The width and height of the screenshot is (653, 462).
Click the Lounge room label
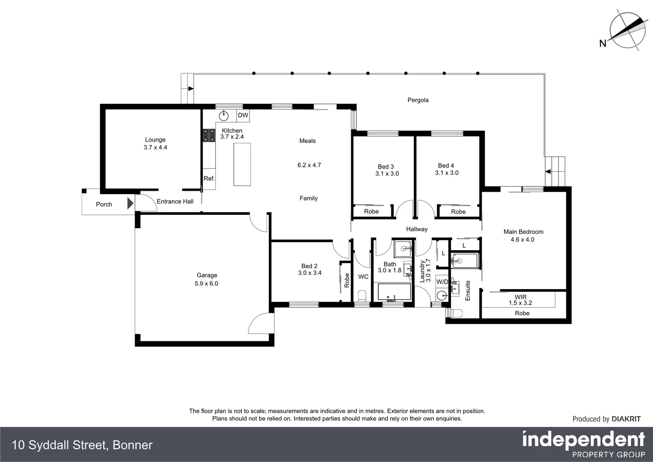click(x=155, y=140)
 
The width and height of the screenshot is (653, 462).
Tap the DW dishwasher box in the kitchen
click(x=243, y=115)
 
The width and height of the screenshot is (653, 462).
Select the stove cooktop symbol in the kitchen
click(x=209, y=135)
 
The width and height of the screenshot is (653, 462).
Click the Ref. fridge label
click(x=209, y=179)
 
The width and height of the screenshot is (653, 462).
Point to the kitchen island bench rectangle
click(x=242, y=164)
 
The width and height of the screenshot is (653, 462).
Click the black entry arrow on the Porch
click(x=130, y=203)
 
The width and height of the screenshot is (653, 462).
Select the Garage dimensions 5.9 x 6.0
click(x=206, y=284)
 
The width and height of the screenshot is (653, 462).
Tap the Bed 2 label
click(x=309, y=266)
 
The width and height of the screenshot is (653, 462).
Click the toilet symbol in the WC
click(x=362, y=296)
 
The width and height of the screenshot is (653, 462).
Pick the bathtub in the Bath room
click(x=394, y=293)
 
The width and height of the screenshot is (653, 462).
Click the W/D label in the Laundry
click(x=442, y=282)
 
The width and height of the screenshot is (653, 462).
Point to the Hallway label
click(x=417, y=229)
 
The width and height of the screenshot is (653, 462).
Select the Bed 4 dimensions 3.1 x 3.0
click(x=447, y=173)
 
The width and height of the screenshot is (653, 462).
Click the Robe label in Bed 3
click(x=371, y=211)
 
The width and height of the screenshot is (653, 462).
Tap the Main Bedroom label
click(x=523, y=232)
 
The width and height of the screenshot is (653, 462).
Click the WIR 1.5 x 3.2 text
click(x=520, y=300)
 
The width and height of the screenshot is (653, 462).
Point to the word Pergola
click(x=418, y=100)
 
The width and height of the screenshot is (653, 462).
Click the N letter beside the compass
click(x=603, y=43)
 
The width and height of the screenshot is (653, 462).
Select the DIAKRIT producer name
click(x=626, y=419)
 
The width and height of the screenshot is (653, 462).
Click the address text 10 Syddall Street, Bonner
click(x=82, y=445)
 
